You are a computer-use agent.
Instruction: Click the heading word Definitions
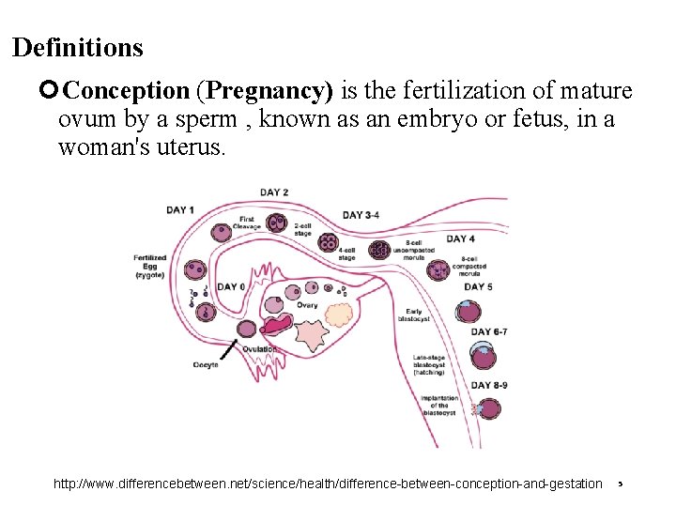[x=78, y=47]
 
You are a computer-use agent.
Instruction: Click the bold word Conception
[x=128, y=92]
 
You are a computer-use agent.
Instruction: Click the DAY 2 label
[x=273, y=192]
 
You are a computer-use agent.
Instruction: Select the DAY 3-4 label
[x=361, y=215]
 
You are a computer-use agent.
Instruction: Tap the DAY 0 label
[x=232, y=286]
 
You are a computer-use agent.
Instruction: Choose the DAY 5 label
[x=478, y=286]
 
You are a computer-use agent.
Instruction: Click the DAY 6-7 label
[x=489, y=331]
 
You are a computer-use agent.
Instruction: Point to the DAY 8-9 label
[x=489, y=385]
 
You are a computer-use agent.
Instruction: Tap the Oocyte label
[x=206, y=364]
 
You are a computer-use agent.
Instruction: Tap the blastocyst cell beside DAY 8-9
[x=486, y=408]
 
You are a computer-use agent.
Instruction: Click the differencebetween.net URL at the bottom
[x=328, y=484]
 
